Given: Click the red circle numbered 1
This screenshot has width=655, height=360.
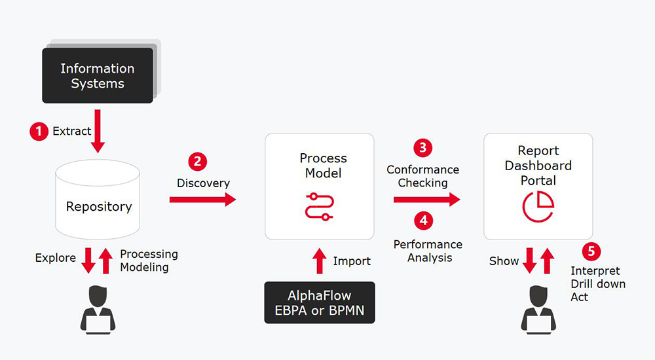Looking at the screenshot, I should tap(39, 131).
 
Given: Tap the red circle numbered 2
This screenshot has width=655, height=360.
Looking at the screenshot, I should tap(198, 162).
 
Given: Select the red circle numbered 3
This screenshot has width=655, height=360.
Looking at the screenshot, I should tap(422, 147).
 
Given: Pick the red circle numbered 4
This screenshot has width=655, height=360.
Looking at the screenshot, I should tap(423, 220).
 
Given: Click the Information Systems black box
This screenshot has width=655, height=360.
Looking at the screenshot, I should tap(97, 76).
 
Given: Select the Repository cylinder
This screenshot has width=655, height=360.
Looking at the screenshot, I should tap(98, 199).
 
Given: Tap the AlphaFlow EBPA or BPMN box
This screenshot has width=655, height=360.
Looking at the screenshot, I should tap(319, 302).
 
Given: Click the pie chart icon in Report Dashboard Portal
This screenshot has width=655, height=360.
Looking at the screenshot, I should tap(538, 205).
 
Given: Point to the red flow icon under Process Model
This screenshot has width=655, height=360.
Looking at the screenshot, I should tap(319, 206).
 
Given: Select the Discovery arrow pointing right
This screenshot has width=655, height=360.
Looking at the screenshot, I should tap(202, 198).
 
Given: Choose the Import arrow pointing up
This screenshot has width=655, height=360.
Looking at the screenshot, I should tap(319, 261).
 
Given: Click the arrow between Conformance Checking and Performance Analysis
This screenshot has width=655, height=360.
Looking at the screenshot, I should tap(426, 199).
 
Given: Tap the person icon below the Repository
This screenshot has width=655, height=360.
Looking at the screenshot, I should tap(98, 312).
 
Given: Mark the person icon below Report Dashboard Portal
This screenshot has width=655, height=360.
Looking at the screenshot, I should tap(538, 312).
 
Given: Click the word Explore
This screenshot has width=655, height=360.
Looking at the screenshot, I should tap(56, 258).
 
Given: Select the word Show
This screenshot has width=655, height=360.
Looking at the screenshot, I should tap(504, 261).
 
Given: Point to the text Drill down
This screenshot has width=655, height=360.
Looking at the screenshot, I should tap(597, 284).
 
